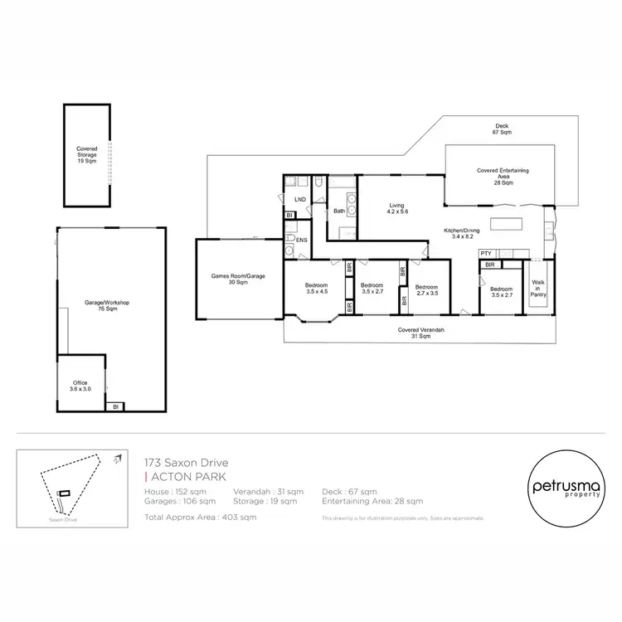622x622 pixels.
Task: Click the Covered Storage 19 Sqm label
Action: point(87,154)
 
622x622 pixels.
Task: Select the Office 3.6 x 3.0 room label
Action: point(80,385)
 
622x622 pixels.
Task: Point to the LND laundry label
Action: point(299,200)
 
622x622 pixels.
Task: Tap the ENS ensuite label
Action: point(302,241)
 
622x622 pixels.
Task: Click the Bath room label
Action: point(339,211)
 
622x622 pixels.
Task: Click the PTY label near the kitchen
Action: point(486,254)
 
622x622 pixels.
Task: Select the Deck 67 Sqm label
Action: point(503,129)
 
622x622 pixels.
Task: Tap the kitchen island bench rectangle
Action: point(507,223)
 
